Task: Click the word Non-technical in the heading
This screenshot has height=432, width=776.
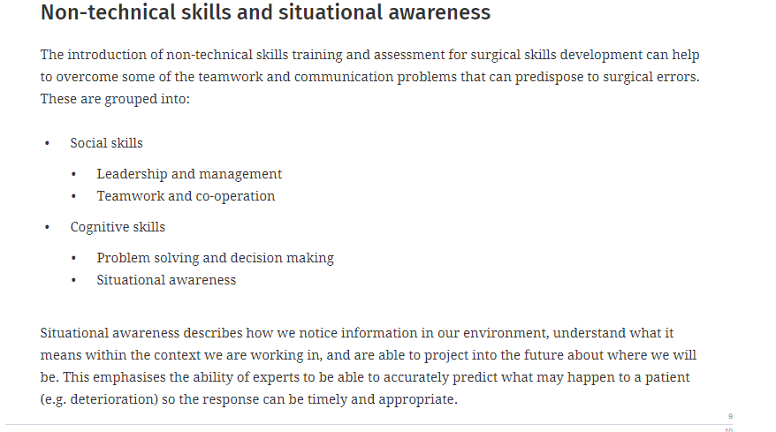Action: pyautogui.click(x=108, y=12)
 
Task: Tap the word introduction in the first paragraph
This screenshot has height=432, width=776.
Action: pyautogui.click(x=107, y=55)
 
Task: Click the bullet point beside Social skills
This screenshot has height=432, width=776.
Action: pyautogui.click(x=47, y=143)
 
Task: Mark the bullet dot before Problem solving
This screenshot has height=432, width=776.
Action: pyautogui.click(x=73, y=258)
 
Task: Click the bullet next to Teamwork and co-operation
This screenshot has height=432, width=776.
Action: pyautogui.click(x=73, y=196)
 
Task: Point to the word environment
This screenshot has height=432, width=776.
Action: pyautogui.click(x=506, y=333)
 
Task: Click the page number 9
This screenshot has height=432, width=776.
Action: pyautogui.click(x=730, y=416)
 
